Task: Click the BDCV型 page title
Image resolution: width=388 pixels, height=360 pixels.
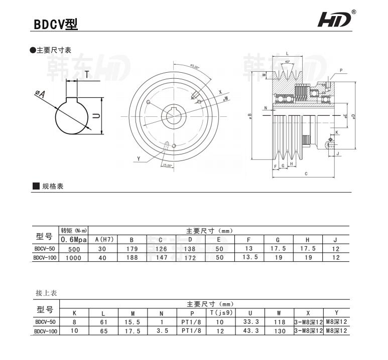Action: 56,24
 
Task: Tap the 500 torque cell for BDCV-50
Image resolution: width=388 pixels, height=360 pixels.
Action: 74,249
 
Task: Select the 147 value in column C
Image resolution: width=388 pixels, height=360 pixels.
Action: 161,257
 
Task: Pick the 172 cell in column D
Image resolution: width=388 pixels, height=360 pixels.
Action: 190,257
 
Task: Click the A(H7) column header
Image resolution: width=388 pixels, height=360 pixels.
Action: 102,240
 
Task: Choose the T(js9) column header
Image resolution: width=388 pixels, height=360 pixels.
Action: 219,313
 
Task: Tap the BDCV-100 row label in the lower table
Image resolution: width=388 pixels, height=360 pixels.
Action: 46,331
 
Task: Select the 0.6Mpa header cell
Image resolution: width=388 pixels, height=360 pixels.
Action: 74,240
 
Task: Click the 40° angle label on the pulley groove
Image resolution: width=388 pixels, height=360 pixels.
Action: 287,61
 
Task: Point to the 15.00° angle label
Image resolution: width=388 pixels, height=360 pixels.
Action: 167,165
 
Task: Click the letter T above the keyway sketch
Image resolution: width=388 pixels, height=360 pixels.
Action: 87,75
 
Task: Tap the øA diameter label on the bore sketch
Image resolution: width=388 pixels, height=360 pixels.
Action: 40,94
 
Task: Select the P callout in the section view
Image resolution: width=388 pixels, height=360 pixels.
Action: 341,71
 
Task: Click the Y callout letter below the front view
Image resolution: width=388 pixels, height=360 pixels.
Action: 138,159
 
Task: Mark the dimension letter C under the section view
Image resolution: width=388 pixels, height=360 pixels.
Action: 306,174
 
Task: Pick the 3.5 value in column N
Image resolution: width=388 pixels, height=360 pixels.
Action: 161,331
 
